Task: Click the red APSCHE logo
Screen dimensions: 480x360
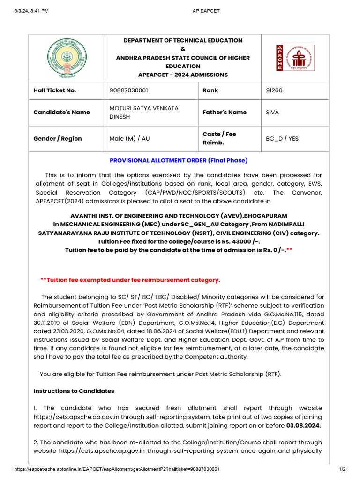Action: (295, 58)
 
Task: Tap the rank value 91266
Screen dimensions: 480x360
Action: (274, 90)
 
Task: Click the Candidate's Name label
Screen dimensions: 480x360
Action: (58, 112)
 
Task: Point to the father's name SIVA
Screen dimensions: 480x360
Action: (273, 112)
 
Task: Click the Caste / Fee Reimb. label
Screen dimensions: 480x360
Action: (219, 138)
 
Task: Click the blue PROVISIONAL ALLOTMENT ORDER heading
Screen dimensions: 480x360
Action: (179, 160)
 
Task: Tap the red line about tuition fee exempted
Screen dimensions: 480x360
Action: (130, 280)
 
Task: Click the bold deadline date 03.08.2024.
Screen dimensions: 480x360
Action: (304, 426)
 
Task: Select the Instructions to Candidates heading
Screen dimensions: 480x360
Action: (74, 391)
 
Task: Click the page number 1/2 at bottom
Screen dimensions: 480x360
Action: (342, 469)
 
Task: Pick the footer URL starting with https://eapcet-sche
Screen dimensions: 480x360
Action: (117, 469)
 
